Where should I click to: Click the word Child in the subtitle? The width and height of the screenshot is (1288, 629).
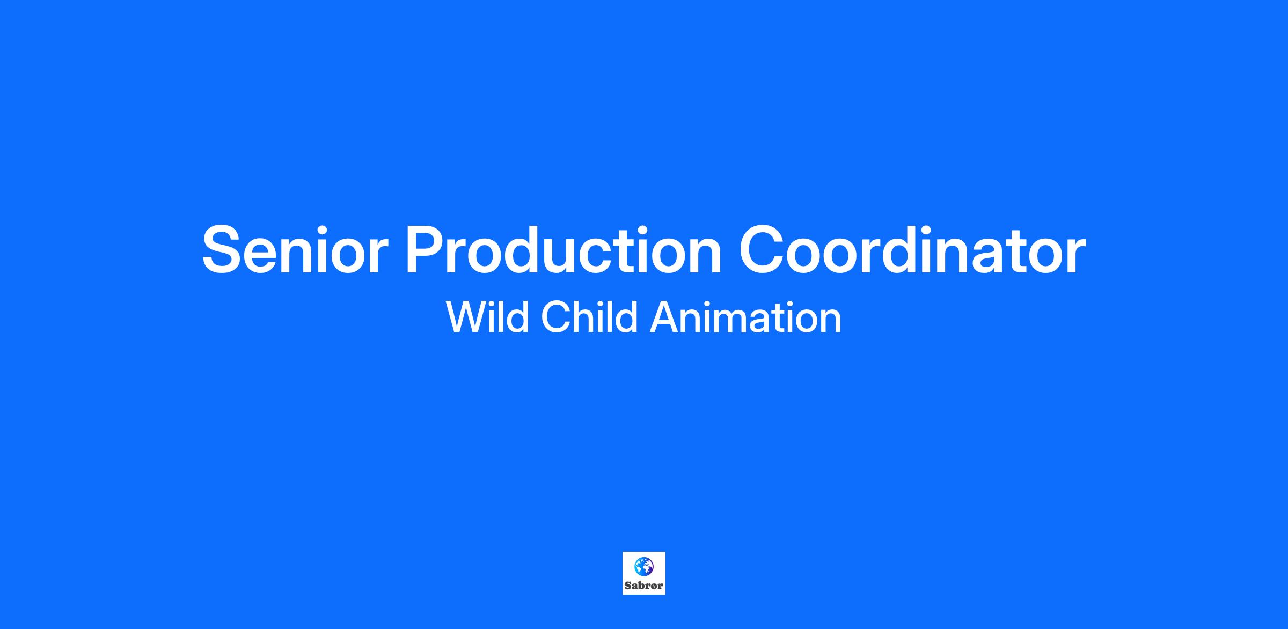(x=589, y=317)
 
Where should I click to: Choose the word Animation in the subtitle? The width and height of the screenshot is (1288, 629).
(x=745, y=317)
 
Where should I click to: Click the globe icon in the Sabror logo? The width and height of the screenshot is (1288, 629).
(x=644, y=566)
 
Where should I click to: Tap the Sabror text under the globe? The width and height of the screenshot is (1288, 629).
(x=644, y=586)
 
